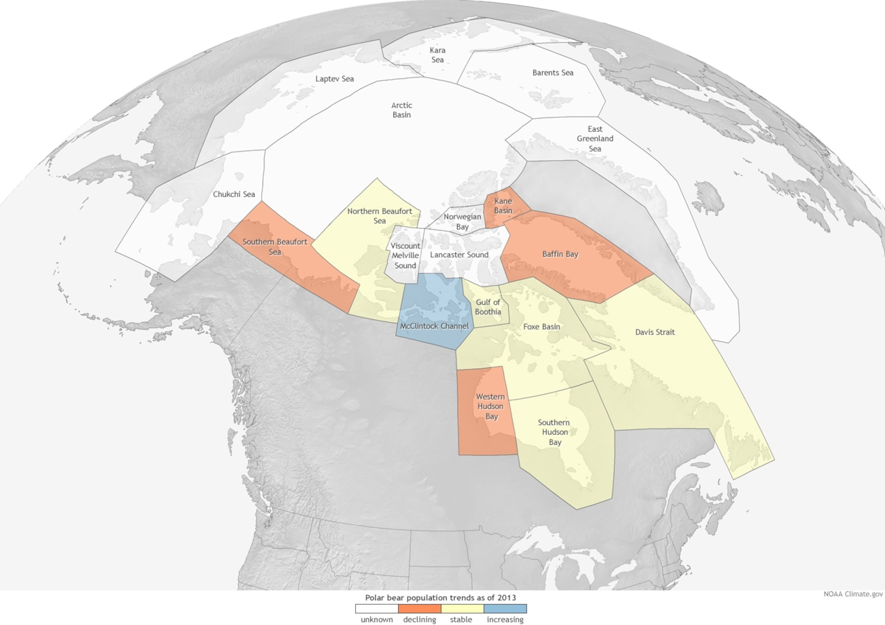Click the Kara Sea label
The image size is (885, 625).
(x=438, y=55)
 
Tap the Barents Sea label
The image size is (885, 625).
(x=553, y=73)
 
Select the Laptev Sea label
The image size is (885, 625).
(x=334, y=79)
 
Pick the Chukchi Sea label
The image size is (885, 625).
(x=234, y=194)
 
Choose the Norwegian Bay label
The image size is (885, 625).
(x=462, y=222)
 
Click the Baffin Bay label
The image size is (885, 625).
(x=560, y=254)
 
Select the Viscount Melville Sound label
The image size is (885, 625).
(x=405, y=256)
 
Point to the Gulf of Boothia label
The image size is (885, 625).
(x=488, y=307)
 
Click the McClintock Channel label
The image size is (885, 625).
(x=434, y=326)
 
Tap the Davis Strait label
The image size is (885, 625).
(x=655, y=332)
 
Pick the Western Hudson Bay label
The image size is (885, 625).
(x=490, y=406)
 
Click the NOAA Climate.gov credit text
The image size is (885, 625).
(x=853, y=594)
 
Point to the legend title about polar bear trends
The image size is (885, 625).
(x=440, y=598)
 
